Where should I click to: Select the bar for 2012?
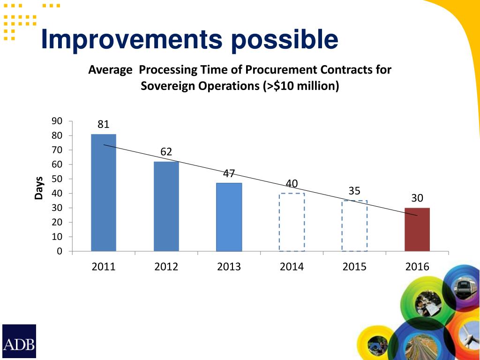coord(166,206)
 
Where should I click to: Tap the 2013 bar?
coord(229,217)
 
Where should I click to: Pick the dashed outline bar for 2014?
coord(292,222)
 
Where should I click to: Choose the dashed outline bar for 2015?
coord(354,226)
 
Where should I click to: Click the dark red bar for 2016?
coord(417,229)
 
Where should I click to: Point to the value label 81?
coord(104,124)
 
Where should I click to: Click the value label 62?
coord(166,152)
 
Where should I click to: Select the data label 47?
coord(229,173)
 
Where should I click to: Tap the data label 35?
coord(354,191)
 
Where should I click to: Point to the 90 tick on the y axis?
coord(57,121)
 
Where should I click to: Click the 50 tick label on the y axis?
coord(57,179)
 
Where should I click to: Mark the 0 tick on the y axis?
coord(59,251)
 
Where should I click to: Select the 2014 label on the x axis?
coord(292,267)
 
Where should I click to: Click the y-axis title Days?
coord(39,187)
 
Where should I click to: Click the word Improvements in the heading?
coord(131,40)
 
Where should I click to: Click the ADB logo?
coord(19,341)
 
